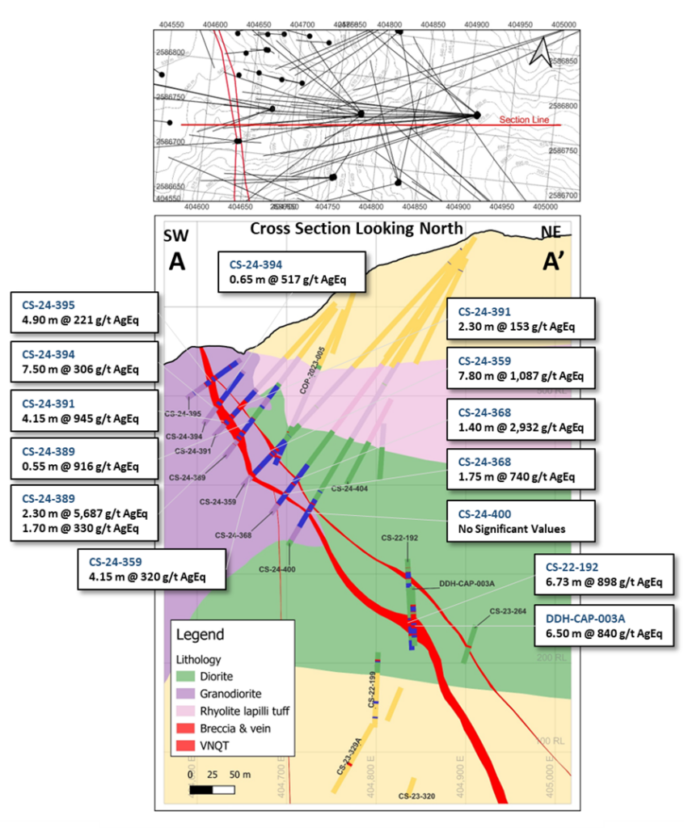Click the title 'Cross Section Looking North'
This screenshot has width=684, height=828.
pos(356,228)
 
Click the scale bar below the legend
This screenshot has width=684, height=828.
pos(217,788)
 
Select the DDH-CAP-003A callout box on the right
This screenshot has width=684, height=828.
pos(603,626)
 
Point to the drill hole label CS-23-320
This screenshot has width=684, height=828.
pos(417,796)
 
